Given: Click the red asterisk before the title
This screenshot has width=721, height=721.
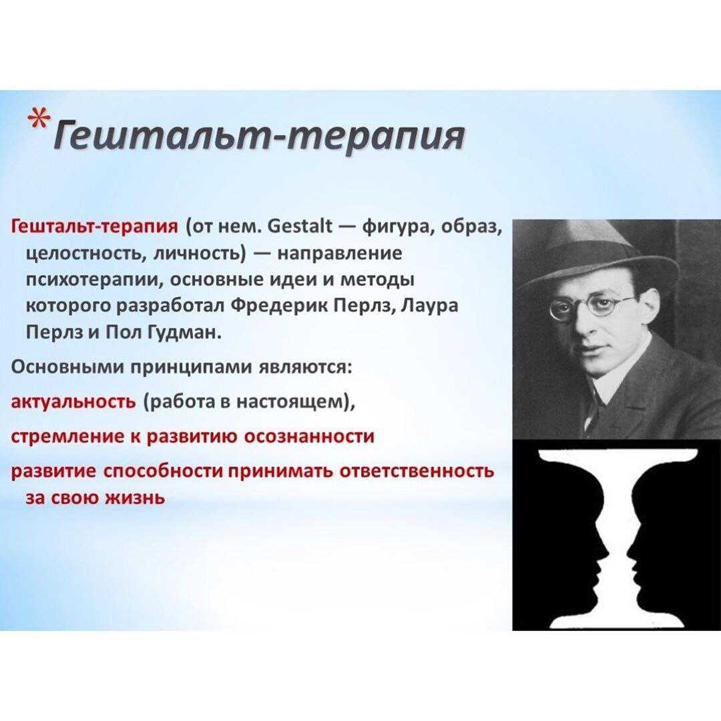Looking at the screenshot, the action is point(39,120).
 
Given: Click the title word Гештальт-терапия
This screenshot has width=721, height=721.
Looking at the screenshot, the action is point(258,136).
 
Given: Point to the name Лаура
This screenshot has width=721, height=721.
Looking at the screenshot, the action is point(429,306).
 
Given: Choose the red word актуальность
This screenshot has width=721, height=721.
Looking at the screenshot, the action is point(73,401).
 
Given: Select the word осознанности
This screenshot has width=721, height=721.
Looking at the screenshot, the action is point(308,436).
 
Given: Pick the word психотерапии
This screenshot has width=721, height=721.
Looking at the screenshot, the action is point(91,280).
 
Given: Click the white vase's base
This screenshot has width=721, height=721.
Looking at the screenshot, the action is point(615,622).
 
